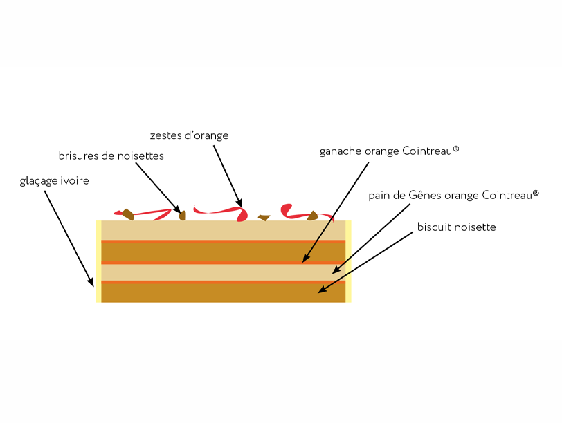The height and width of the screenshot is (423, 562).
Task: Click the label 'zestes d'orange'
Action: click(189, 135)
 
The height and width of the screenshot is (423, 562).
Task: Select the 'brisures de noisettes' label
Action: click(111, 156)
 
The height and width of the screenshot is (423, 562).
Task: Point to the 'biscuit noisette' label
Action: click(456, 227)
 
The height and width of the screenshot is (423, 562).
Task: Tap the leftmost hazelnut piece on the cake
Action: click(128, 214)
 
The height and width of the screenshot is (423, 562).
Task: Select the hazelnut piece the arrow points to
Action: click(183, 215)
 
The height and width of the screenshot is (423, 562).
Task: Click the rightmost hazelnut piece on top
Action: click(314, 216)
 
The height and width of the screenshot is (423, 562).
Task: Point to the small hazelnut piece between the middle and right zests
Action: click(264, 218)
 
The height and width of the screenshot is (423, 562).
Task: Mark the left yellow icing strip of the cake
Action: click(98, 261)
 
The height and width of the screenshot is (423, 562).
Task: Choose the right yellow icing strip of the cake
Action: click(349, 261)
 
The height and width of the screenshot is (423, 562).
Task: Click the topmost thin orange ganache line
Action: click(223, 241)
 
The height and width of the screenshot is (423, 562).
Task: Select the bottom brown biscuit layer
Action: click(223, 293)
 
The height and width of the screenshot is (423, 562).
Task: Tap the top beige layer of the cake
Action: click(223, 230)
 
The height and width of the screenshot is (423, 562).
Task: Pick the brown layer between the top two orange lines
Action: click(223, 252)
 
